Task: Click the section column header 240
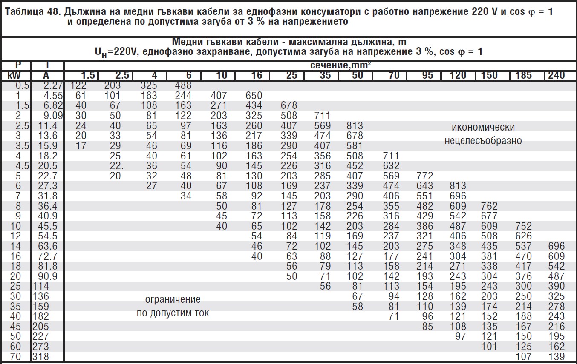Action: click(x=556, y=76)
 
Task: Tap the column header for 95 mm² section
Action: click(x=427, y=76)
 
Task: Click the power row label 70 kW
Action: click(x=15, y=357)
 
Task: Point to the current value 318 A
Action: click(x=41, y=357)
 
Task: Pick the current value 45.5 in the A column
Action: click(x=48, y=226)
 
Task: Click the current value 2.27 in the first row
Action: click(x=53, y=85)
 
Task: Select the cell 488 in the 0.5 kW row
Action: click(x=183, y=85)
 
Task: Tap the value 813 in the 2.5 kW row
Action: click(x=355, y=126)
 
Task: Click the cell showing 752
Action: click(x=523, y=226)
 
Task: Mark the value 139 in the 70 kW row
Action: click(x=556, y=357)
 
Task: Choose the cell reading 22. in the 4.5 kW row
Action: click(x=116, y=166)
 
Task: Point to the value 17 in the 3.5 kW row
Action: click(x=81, y=146)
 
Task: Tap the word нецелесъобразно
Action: click(x=483, y=141)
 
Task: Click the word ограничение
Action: click(x=173, y=299)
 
